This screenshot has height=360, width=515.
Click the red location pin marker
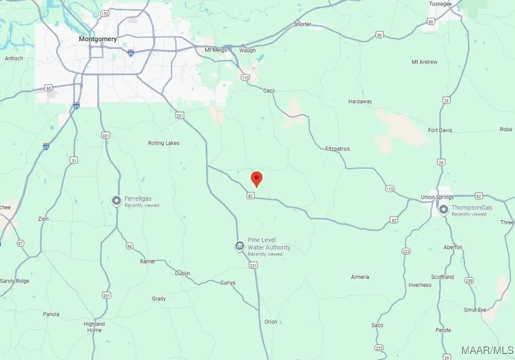[257, 178]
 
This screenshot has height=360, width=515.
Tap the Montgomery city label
[98, 39]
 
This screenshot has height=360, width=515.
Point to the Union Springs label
[437, 198]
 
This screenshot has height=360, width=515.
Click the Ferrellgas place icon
[117, 200]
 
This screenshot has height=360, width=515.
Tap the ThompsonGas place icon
[443, 210]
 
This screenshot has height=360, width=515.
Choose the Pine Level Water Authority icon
[240, 246]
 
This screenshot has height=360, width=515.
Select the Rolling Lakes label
[164, 143]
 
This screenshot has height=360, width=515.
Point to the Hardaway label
[360, 101]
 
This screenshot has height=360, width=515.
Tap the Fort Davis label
[440, 130]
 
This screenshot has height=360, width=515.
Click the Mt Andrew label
[425, 62]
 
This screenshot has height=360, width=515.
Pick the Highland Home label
[94, 327]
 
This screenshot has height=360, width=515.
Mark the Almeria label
[360, 277]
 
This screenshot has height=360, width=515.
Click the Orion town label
[271, 322]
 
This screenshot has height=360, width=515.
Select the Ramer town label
[148, 261]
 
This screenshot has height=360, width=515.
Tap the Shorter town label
[303, 24]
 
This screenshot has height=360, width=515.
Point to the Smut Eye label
[475, 310]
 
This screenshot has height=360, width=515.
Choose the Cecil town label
[269, 90]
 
